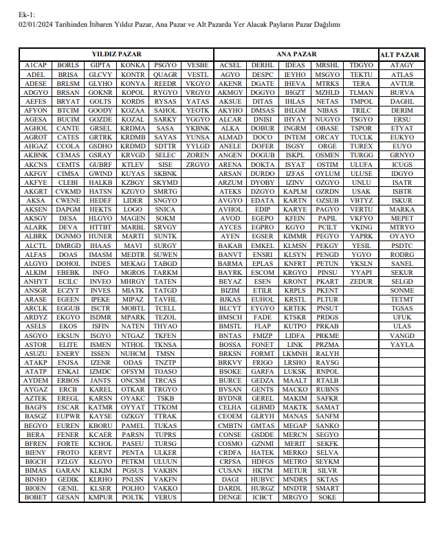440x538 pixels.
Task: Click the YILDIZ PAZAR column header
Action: (116, 54)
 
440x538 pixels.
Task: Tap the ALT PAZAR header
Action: (399, 54)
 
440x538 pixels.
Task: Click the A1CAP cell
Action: (36, 65)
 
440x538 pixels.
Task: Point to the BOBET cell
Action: (36, 497)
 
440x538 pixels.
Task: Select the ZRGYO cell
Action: (198, 165)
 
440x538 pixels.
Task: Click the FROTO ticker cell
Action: (68, 453)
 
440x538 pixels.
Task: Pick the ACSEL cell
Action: (230, 65)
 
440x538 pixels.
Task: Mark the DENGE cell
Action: (230, 497)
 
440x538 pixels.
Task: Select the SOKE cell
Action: (327, 497)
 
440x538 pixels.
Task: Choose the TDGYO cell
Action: (361, 65)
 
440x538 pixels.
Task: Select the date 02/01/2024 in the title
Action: (36, 25)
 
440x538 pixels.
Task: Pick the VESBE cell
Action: (198, 65)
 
